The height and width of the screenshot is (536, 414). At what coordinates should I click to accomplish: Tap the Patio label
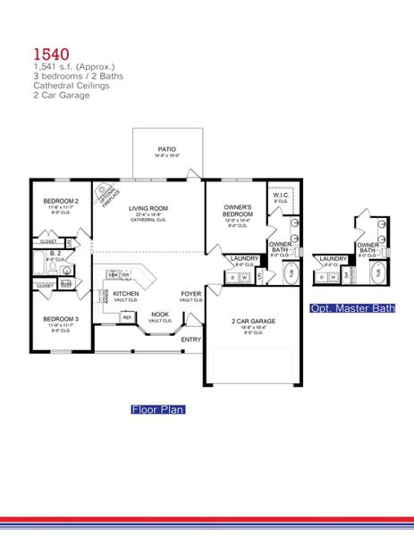pyautogui.click(x=167, y=150)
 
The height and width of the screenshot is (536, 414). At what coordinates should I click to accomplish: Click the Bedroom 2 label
pyautogui.click(x=62, y=202)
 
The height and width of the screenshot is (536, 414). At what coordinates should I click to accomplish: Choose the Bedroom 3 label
pyautogui.click(x=62, y=319)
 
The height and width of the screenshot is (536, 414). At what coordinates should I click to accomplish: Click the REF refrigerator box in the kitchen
pyautogui.click(x=127, y=317)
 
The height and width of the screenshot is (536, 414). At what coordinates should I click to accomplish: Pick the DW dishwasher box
pyautogui.click(x=126, y=274)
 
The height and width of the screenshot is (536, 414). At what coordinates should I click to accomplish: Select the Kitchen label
pyautogui.click(x=126, y=293)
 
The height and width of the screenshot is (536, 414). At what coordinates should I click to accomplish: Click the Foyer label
pyautogui.click(x=191, y=293)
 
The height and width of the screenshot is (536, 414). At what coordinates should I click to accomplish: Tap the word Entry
pyautogui.click(x=191, y=339)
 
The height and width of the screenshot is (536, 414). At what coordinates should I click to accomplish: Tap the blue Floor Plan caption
pyautogui.click(x=157, y=409)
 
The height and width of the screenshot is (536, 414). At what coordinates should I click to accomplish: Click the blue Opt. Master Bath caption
pyautogui.click(x=352, y=308)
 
